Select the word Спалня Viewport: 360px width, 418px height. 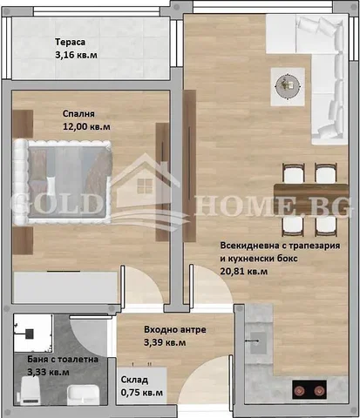78,113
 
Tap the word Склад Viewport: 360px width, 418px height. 134,381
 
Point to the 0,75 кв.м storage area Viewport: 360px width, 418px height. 141,393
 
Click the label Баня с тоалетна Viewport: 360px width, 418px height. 55,359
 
